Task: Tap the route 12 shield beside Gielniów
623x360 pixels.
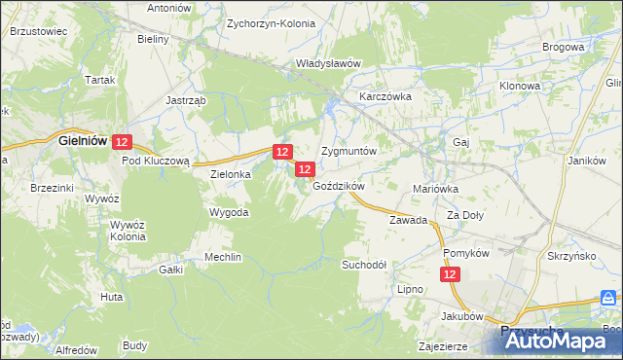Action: coord(122,142)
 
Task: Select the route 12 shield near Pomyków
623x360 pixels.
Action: coord(451,276)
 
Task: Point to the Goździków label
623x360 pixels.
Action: coord(338,186)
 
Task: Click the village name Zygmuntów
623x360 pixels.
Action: coord(348,153)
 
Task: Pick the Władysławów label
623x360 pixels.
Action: coord(328,63)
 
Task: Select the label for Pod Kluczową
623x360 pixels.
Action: coord(161,161)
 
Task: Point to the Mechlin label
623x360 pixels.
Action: coord(223,257)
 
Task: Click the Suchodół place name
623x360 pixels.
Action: coord(365,264)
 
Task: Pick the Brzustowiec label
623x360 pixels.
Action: coord(38,31)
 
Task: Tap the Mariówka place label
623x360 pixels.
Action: coord(435,189)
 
